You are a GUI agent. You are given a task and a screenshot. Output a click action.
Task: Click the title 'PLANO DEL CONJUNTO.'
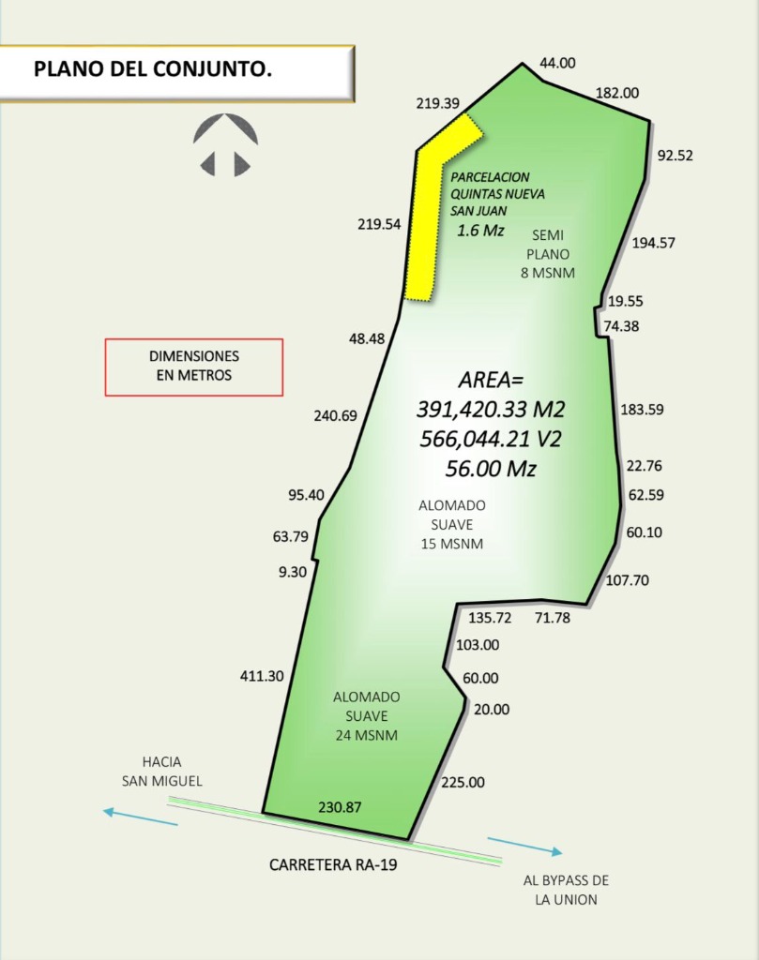point(153,69)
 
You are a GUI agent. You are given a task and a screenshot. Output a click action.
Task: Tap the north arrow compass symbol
point(225,146)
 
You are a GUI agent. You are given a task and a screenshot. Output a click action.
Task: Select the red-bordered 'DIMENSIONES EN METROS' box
point(193,367)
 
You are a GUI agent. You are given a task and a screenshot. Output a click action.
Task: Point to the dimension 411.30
point(262,676)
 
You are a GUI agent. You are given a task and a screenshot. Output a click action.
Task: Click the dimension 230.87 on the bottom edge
point(340,806)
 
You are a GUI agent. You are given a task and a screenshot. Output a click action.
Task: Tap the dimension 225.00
point(463,783)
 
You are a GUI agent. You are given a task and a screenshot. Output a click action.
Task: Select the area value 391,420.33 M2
point(492,410)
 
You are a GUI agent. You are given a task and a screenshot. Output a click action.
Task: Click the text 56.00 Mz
point(492,469)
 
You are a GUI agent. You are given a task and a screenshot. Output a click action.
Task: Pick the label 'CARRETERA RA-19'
point(333,865)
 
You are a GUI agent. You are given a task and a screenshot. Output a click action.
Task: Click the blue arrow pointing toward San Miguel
point(140,817)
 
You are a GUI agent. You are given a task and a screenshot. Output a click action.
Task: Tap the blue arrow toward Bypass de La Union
point(524,846)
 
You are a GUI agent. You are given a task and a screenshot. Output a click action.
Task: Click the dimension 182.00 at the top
point(617,93)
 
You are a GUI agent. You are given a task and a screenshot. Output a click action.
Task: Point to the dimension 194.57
point(654,243)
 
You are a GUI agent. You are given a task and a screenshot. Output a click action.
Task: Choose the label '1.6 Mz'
point(480,230)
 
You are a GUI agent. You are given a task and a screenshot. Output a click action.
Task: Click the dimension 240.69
point(335,415)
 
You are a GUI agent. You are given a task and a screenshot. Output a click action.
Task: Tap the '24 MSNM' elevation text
point(366,735)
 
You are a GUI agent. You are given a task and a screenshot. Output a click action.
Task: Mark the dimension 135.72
point(490,618)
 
